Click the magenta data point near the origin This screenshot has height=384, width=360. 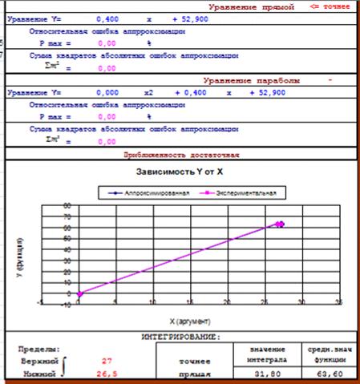tap(80, 293)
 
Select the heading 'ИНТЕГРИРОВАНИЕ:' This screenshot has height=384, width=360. tap(180, 338)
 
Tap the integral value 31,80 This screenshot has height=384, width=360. tap(263, 374)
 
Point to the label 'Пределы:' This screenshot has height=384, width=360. tap(38, 350)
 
